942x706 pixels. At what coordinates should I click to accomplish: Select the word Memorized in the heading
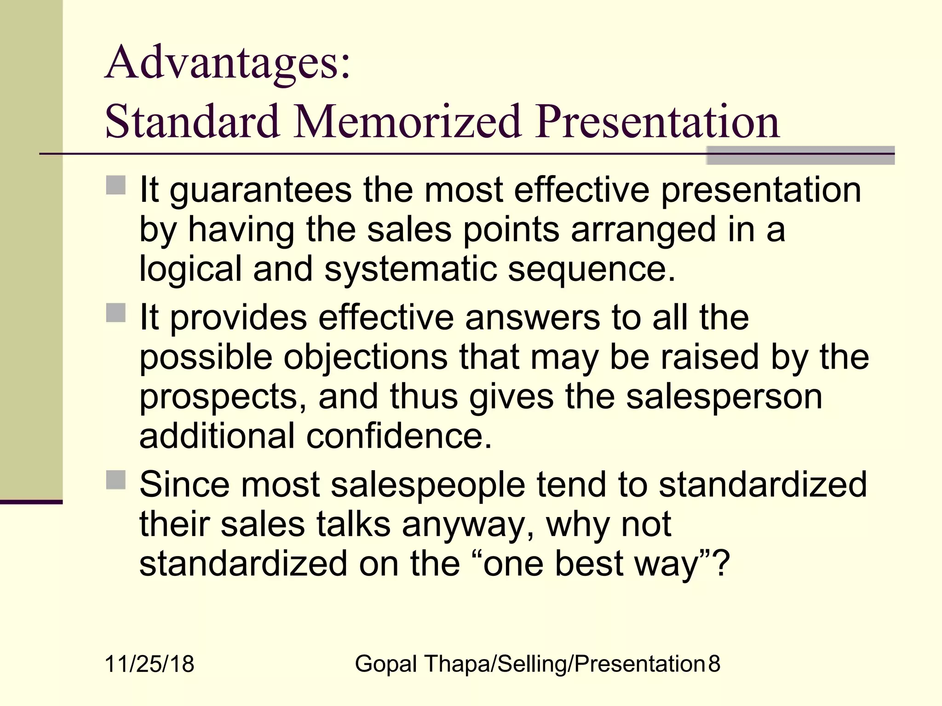click(x=408, y=122)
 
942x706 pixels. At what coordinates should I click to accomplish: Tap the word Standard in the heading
click(x=192, y=122)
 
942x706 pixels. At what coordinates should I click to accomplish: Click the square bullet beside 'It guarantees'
click(x=116, y=186)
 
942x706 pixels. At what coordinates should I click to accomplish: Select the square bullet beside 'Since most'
click(x=116, y=480)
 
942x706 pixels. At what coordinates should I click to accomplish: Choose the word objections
click(x=365, y=357)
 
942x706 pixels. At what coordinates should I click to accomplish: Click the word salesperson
click(x=724, y=397)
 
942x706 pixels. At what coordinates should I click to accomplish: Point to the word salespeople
click(x=428, y=485)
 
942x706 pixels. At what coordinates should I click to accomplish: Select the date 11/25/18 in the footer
click(x=149, y=664)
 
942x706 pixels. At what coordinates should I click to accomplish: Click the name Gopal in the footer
click(x=386, y=664)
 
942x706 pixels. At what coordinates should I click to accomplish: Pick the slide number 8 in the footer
click(x=714, y=664)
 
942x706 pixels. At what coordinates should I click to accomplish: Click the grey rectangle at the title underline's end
click(x=800, y=155)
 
